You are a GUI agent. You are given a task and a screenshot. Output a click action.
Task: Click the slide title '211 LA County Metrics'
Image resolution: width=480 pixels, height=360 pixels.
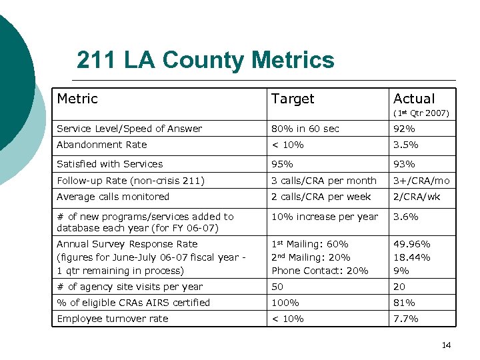(x=205, y=61)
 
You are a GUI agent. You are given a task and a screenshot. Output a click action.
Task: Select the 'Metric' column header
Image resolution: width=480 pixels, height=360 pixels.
(x=77, y=99)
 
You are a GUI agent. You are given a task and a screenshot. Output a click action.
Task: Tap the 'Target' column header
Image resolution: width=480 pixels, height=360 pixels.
(x=292, y=99)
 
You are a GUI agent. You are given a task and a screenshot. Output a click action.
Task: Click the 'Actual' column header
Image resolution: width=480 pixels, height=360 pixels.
(x=413, y=99)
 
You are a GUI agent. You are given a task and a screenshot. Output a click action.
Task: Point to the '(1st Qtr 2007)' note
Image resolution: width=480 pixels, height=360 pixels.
(x=421, y=113)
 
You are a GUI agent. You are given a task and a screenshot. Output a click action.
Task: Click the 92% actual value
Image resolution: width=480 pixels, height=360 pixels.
(x=404, y=129)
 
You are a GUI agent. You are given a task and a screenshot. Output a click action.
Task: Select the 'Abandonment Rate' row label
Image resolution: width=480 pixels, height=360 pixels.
(x=101, y=145)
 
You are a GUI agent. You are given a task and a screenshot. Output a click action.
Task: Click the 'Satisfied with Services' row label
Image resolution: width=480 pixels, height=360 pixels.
(x=109, y=164)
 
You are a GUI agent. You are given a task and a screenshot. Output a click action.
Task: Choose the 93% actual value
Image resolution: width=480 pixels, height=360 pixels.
(x=404, y=164)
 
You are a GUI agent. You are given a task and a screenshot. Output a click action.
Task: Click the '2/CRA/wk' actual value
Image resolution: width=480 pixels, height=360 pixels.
(x=416, y=197)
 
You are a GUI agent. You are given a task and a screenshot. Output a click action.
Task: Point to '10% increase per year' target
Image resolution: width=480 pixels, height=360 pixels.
(x=325, y=217)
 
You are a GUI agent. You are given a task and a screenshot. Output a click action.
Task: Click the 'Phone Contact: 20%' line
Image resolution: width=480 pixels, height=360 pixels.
(x=319, y=271)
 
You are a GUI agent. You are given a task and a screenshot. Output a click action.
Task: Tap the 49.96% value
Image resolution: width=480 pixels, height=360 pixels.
(x=411, y=244)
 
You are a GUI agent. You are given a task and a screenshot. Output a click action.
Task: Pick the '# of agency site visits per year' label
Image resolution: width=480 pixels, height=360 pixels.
(x=129, y=287)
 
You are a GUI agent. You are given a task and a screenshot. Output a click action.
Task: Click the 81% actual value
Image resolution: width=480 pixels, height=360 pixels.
(x=404, y=303)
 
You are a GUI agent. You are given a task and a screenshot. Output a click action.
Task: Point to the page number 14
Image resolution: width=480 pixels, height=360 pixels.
(x=446, y=345)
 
